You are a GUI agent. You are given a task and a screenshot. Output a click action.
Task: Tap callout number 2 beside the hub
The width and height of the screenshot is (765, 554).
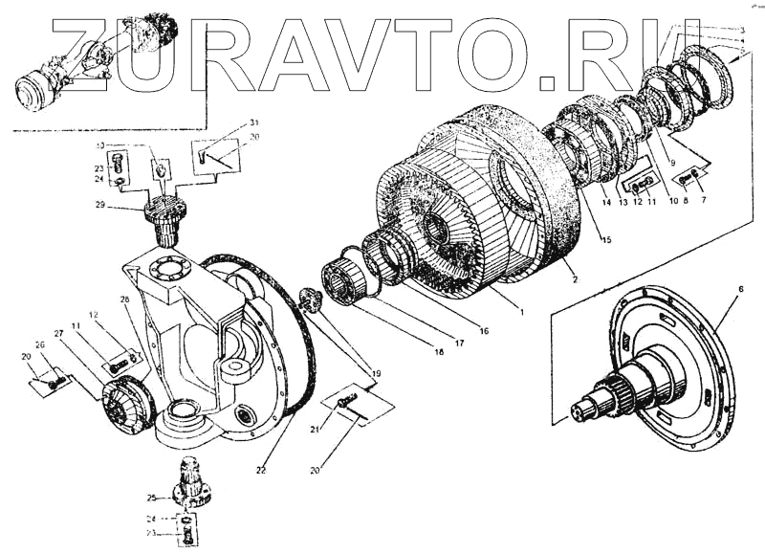pos(574,278)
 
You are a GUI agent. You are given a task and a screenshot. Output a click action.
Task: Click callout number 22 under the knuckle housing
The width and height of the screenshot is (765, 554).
pos(261,471)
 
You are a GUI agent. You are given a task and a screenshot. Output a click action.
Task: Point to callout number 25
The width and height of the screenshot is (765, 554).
pos(152,499)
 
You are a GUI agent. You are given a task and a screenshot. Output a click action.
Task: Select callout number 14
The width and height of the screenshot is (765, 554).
pos(605,202)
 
